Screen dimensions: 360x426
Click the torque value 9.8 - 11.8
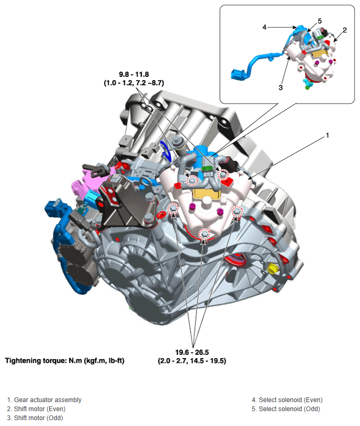point(134,74)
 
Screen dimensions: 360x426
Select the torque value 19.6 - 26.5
point(192,352)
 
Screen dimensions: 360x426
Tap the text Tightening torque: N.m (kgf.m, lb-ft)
point(65,361)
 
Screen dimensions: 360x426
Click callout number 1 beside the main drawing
point(328,135)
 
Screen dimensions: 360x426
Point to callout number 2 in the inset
point(345,30)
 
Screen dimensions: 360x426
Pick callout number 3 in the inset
point(280,88)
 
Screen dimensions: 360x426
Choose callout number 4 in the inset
point(264,27)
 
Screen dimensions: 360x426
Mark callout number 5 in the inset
point(320,21)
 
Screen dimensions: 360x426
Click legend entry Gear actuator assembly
point(44,400)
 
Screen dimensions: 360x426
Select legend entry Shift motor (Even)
point(36,409)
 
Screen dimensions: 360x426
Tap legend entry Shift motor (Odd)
point(35,418)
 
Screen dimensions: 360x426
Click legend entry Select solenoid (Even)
point(287,400)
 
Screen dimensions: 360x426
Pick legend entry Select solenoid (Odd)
point(286,409)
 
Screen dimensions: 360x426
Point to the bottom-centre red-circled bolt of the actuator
point(205,234)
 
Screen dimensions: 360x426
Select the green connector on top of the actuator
point(207,168)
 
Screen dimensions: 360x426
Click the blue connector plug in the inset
point(237,74)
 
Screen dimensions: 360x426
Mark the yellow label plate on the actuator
point(206,194)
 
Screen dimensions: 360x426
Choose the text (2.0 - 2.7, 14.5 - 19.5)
point(192,361)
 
